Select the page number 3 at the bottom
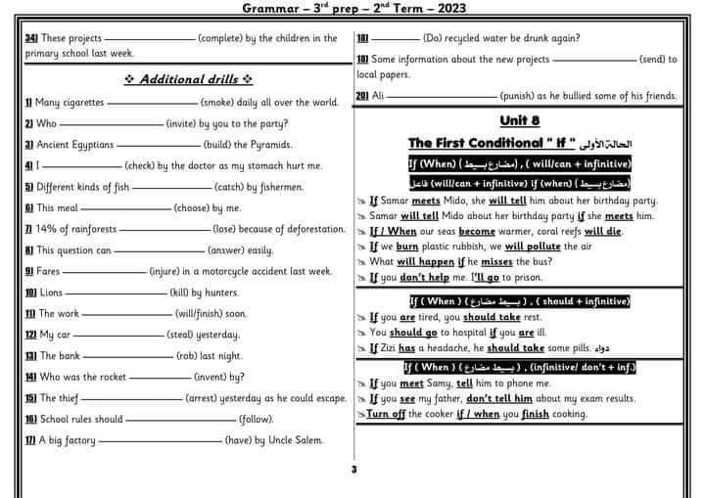click(352, 470)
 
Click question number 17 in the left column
click(29, 440)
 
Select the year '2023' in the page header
click(446, 9)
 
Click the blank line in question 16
click(180, 420)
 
